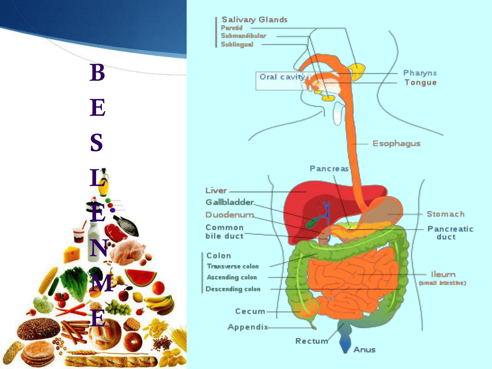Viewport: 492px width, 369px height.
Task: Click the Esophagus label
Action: coord(396,144)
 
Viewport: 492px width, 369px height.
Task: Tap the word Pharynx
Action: coord(420,73)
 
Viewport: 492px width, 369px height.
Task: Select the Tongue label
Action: coord(420,82)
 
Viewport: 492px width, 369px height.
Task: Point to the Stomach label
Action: coord(445,214)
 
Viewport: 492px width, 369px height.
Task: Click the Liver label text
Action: coord(216,191)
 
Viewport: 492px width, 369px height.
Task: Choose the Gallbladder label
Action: coord(230,202)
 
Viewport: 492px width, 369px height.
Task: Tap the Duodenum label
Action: coord(230,215)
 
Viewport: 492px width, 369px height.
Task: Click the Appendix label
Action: coord(248,327)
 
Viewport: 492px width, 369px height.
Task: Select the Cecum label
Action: coord(250,311)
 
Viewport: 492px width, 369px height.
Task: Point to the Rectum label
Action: coord(312,341)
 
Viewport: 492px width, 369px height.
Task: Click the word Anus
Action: coord(364,350)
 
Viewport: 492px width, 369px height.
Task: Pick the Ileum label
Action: coord(443,275)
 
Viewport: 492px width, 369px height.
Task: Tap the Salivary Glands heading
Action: coord(255,20)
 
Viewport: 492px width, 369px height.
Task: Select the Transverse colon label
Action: coord(233,266)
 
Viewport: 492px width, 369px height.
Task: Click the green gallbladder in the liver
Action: coord(311,223)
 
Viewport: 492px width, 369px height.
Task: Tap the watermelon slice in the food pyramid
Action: coord(141,277)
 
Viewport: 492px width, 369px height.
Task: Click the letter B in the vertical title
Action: coord(97,72)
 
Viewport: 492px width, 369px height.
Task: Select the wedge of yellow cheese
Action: coord(72,255)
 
